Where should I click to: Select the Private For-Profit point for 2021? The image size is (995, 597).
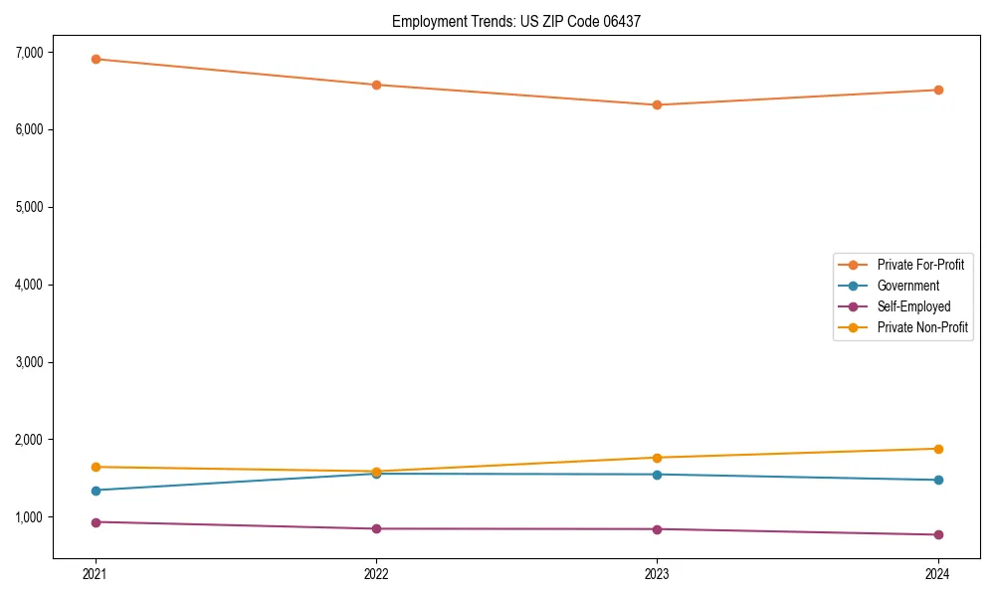pos(96,59)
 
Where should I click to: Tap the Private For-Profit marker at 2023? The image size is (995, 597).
pos(657,104)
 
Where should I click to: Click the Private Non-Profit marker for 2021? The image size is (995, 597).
pos(96,467)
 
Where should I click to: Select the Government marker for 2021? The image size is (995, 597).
pos(96,491)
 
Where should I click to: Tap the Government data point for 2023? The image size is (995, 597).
pos(657,475)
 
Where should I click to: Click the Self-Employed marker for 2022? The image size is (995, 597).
pos(376,528)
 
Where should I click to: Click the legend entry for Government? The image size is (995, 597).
pos(907,286)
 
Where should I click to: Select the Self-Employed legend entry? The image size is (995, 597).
pos(913,306)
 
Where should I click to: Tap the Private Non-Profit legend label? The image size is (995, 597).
pos(922,327)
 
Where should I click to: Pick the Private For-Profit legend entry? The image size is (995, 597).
pos(920,265)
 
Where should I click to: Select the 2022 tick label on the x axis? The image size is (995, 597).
pos(376,573)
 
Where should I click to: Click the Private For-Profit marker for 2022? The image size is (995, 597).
pos(376,85)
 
